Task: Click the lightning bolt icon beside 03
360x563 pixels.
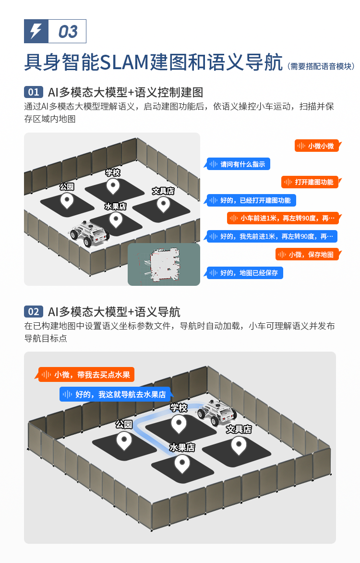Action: click(x=36, y=31)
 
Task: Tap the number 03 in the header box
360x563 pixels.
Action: click(x=68, y=32)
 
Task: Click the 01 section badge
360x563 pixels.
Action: click(x=34, y=92)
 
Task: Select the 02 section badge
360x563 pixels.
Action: click(x=34, y=311)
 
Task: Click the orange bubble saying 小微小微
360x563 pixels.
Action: click(x=317, y=146)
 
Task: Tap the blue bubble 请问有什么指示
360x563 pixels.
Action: click(x=238, y=164)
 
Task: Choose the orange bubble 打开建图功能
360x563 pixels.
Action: click(x=311, y=182)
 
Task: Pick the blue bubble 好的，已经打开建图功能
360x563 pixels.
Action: click(x=251, y=200)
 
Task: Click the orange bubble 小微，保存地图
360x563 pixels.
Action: click(x=308, y=255)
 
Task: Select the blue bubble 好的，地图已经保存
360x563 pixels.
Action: click(x=244, y=273)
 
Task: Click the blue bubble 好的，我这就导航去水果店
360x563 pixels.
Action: click(x=116, y=394)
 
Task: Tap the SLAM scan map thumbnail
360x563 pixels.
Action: click(x=164, y=265)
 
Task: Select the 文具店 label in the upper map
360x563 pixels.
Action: click(x=163, y=191)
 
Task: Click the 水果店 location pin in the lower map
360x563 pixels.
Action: click(x=182, y=465)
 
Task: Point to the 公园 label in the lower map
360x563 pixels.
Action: click(x=124, y=424)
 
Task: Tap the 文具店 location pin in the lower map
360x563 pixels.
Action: click(x=239, y=445)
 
